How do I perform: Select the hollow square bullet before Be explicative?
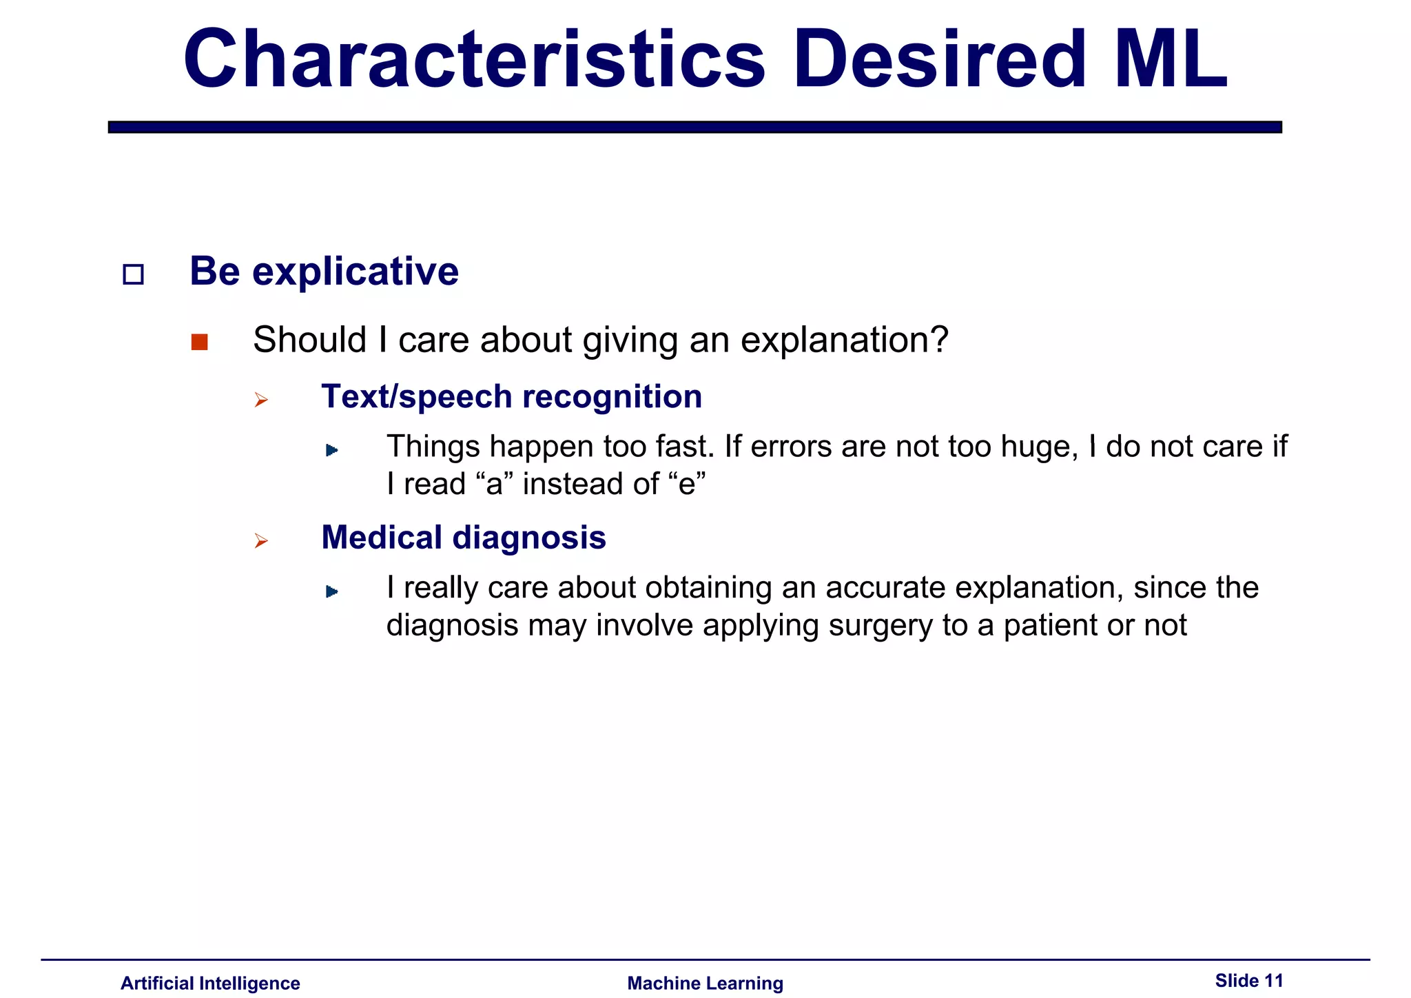(x=133, y=274)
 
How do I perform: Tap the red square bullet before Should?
(x=200, y=342)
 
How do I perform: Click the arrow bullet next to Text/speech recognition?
(x=260, y=400)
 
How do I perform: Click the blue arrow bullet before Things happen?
(x=331, y=451)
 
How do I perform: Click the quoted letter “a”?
(x=494, y=484)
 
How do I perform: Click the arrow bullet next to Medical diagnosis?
(x=260, y=541)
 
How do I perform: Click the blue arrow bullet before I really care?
(x=331, y=591)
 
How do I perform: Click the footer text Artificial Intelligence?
(x=210, y=983)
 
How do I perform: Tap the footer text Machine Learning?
(x=705, y=983)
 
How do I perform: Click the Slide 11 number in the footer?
(x=1248, y=980)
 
